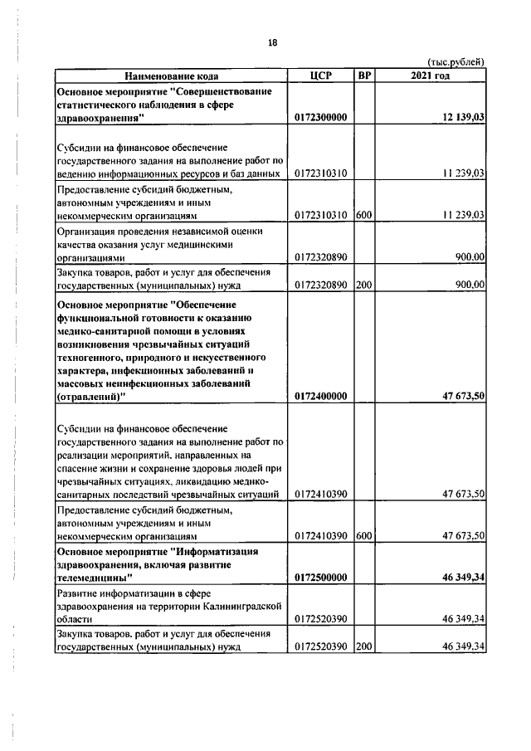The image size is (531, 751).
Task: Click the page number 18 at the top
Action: coord(272,43)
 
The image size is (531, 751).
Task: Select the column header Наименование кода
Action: coord(173,76)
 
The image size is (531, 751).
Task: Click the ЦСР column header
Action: coord(320,76)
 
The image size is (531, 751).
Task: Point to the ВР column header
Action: coord(363,76)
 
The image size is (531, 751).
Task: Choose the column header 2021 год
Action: coord(430,76)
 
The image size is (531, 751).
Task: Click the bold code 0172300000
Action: coord(320,119)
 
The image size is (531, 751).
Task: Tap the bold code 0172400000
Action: coord(320,397)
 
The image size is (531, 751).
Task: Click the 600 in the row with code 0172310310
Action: coord(363,215)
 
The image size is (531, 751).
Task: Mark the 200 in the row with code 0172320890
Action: coord(363,285)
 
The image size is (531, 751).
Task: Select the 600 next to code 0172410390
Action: coord(363,536)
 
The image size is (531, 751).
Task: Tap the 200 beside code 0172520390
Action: coord(363,647)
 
